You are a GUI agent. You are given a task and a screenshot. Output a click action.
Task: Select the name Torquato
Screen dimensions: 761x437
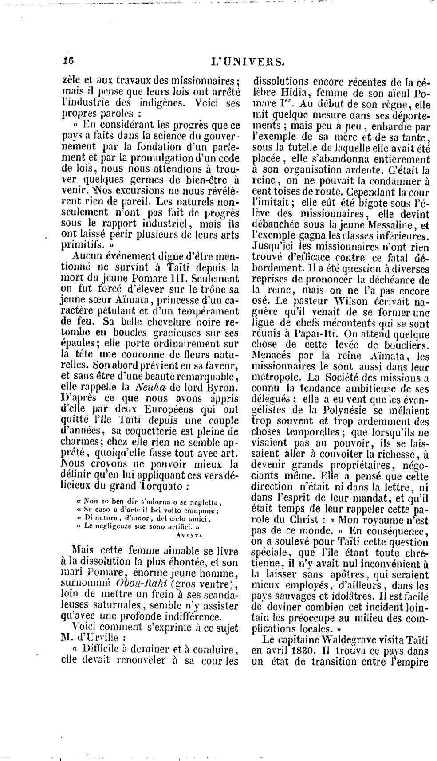coord(163,486)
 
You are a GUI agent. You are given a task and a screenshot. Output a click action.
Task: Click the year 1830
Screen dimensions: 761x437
coord(303,651)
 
